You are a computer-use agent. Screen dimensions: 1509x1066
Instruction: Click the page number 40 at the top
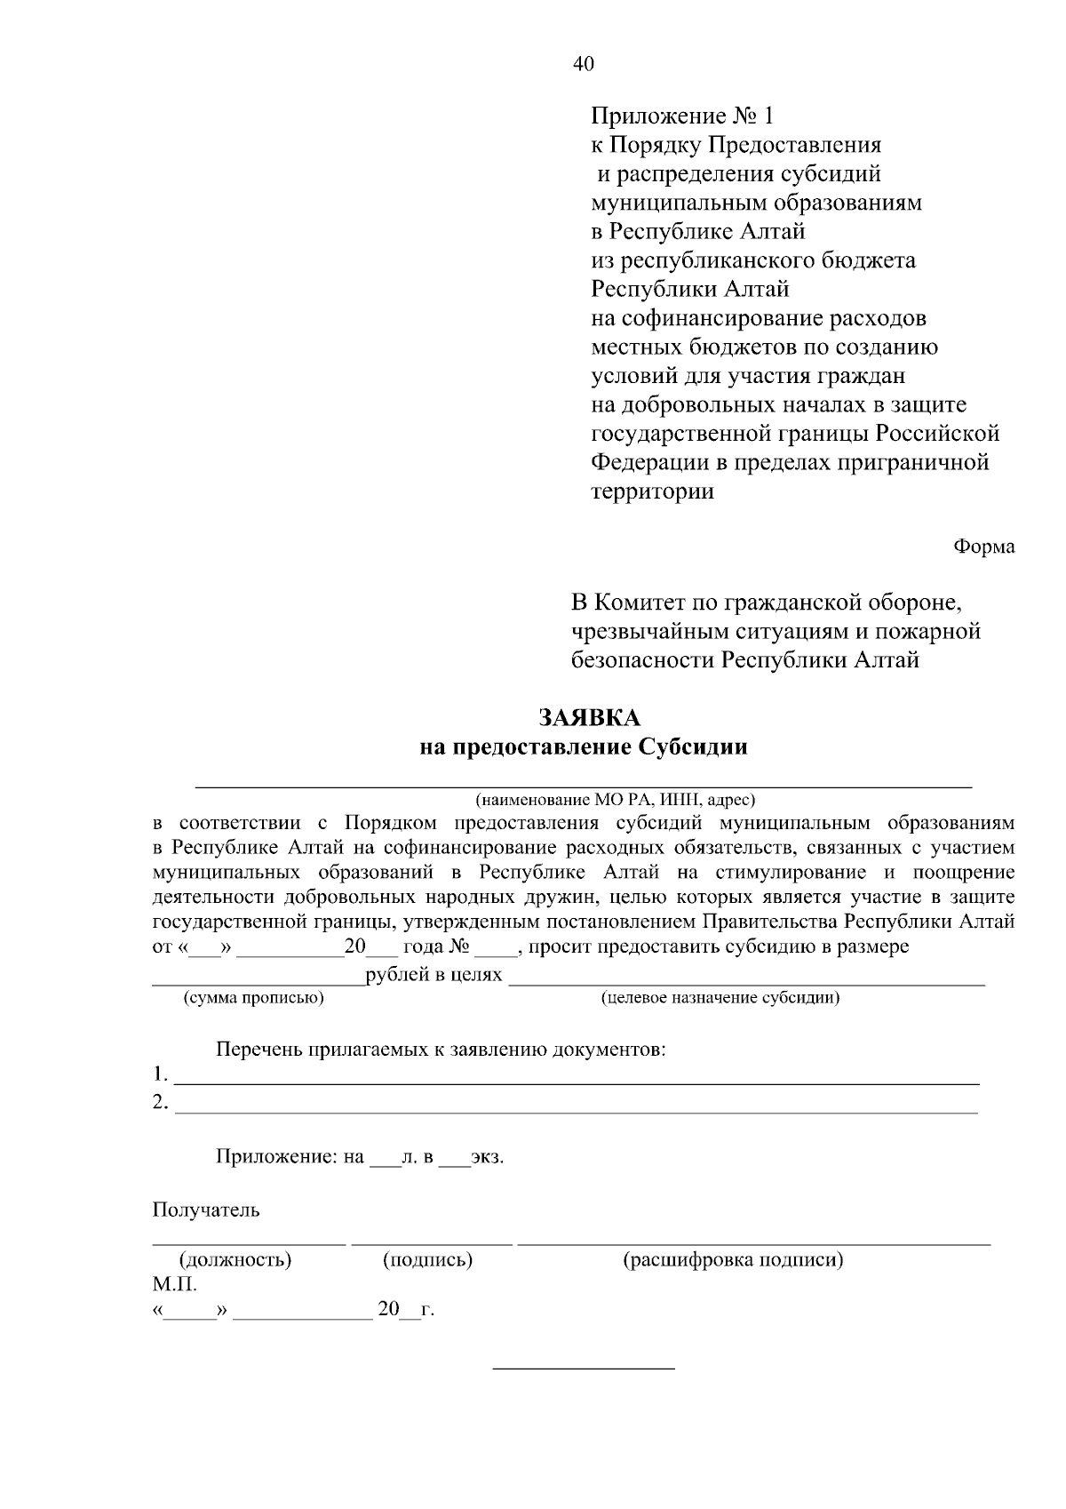point(584,64)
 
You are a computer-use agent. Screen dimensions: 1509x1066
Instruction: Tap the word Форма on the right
point(984,547)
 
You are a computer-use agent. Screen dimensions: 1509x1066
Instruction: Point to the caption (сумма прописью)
point(253,997)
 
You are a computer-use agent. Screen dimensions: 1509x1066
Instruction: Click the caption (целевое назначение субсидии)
point(720,997)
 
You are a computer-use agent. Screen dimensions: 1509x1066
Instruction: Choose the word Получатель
point(206,1210)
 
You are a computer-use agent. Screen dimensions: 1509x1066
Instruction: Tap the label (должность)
point(235,1259)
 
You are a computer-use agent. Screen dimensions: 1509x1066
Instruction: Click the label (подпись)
point(427,1259)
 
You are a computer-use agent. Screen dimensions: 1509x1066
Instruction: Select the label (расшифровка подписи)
point(733,1259)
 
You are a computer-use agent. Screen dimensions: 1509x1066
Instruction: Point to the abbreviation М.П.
point(174,1284)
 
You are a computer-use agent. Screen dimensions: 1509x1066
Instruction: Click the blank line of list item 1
point(577,1082)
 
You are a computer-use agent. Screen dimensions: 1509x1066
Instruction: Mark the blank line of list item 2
point(577,1111)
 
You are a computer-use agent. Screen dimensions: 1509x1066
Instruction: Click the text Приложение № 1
point(682,116)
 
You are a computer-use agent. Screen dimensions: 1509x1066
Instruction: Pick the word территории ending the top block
point(653,491)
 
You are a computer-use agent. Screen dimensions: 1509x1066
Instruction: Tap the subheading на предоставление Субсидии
point(583,747)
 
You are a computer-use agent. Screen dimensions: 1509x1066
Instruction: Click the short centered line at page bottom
point(584,1367)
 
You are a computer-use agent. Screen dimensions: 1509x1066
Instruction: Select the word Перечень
point(259,1050)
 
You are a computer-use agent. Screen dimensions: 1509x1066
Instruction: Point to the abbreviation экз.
point(486,1158)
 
